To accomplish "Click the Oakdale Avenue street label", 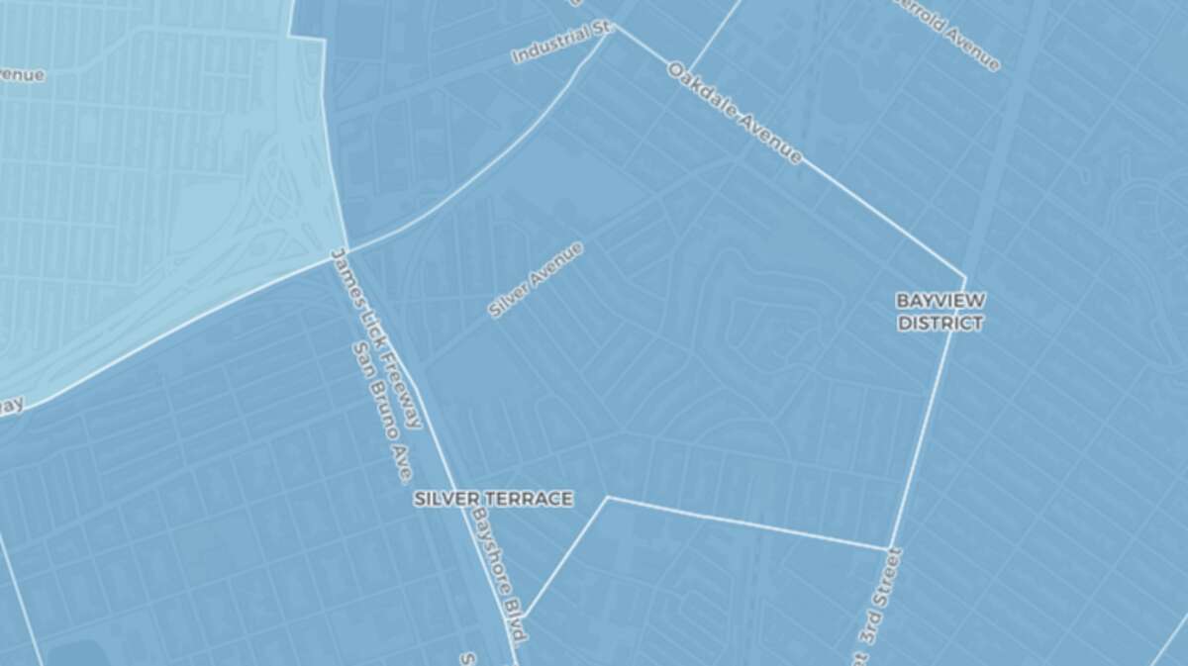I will tap(734, 114).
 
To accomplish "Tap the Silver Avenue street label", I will tap(536, 280).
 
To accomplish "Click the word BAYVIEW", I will tap(940, 299).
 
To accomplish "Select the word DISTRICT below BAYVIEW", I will tap(940, 323).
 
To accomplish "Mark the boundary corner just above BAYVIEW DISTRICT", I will tap(964, 277).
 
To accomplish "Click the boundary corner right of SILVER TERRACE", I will tap(608, 498).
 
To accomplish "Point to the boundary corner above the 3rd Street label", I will tap(888, 548).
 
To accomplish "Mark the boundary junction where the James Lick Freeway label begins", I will tap(346, 250).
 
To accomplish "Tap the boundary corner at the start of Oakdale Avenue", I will tap(615, 25).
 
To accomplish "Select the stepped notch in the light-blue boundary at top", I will tap(307, 38).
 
